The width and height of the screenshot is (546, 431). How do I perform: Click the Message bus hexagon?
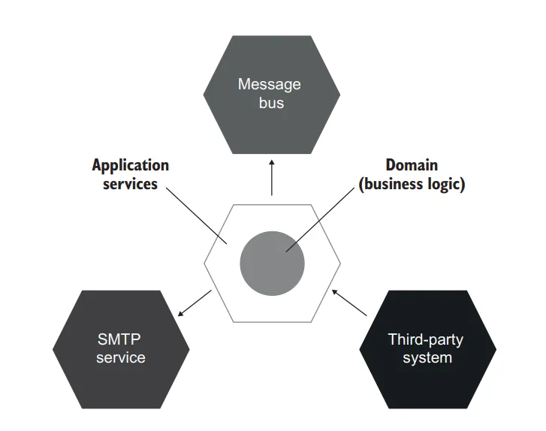click(271, 124)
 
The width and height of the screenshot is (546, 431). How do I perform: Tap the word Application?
click(131, 165)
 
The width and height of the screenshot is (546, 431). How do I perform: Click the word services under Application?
click(131, 183)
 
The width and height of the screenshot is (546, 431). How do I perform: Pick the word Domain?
click(412, 165)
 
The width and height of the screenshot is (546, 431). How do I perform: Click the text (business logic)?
click(412, 184)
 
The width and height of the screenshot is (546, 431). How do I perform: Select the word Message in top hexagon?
click(270, 84)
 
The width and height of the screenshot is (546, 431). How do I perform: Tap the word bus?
click(271, 103)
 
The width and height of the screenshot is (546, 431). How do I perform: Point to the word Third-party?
click(426, 339)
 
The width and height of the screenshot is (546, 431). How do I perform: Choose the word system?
click(427, 357)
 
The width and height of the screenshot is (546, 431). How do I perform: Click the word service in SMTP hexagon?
click(120, 357)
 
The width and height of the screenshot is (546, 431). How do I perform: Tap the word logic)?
click(446, 184)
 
